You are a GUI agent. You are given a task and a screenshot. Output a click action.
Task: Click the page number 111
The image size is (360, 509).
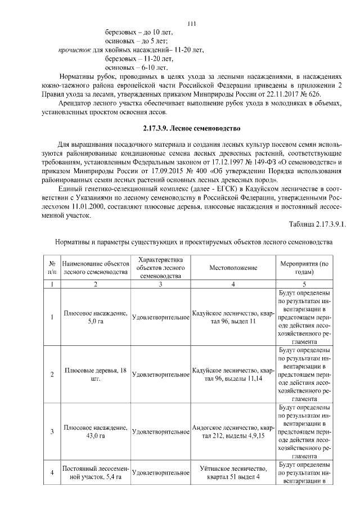191,23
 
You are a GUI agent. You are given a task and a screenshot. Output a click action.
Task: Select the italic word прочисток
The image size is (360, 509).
75,50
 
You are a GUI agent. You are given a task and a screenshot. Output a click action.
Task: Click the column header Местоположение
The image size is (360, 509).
233,267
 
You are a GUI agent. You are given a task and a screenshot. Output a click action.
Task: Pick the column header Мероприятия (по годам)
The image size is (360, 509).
304,267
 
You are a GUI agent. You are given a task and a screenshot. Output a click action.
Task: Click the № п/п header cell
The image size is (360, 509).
52,267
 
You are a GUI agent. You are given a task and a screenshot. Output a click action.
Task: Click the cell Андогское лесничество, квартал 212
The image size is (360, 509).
233,431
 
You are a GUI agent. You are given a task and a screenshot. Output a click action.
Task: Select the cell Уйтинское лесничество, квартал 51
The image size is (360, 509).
233,472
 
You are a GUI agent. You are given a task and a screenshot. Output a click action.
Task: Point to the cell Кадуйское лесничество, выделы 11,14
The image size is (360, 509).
233,374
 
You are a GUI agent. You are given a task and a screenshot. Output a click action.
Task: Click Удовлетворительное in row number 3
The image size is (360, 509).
160,431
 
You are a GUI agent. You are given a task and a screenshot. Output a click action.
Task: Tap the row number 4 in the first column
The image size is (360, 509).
52,472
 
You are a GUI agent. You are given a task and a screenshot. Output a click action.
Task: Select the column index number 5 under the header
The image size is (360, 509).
304,285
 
